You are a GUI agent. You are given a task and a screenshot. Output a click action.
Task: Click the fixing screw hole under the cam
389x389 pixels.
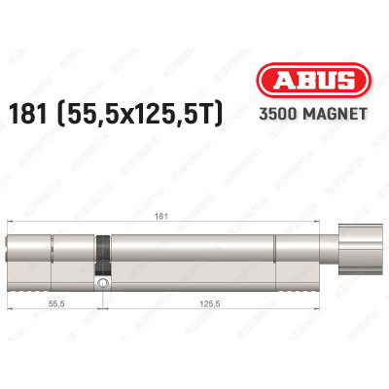(x=100, y=282)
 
